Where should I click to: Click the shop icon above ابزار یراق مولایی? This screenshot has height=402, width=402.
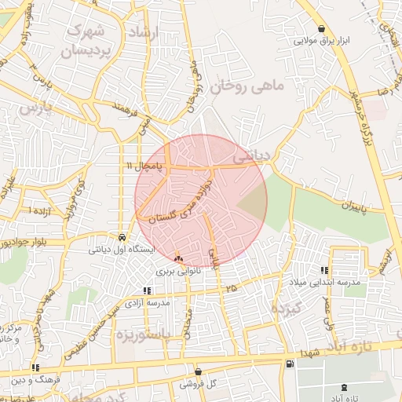pos(322,29)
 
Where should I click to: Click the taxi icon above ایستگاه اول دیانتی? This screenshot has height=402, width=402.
pos(122,236)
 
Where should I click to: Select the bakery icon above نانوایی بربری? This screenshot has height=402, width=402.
pos(178,258)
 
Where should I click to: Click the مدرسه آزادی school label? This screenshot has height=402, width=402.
pos(150,303)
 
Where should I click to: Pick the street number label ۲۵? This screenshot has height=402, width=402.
pos(231,289)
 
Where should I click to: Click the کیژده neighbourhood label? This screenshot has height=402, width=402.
pos(287,309)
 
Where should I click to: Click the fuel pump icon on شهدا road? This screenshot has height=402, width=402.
pos(290,363)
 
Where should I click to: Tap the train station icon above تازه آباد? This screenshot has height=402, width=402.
pos(345,387)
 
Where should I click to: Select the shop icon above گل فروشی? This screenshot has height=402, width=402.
pos(198,371)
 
